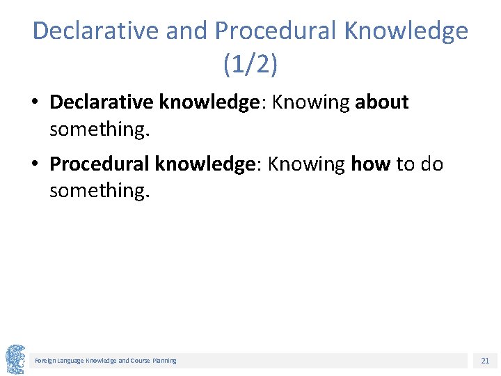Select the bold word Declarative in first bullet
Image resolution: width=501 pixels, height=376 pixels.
[x=102, y=102]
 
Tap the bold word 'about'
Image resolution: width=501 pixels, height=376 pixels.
[x=381, y=102]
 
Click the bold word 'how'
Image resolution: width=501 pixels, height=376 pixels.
[x=371, y=164]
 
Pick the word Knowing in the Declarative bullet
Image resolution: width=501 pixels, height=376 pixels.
[x=310, y=102]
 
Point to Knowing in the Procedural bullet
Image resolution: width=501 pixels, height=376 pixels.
[x=306, y=164]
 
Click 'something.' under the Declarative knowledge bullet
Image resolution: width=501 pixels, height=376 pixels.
[x=99, y=128]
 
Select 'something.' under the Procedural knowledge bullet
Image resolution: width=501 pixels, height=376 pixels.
[x=99, y=190]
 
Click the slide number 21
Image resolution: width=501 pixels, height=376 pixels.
[x=485, y=361]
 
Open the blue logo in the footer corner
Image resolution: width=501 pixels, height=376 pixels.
[x=15, y=359]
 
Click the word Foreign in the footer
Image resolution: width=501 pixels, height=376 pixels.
[x=45, y=361]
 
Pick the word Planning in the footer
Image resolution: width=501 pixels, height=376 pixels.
[x=164, y=361]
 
